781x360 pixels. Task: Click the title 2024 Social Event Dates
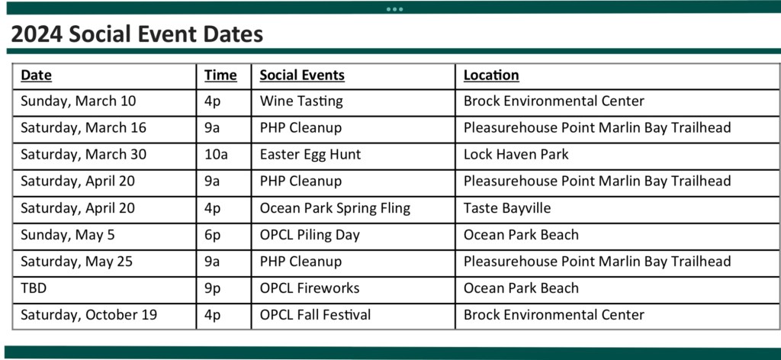(137, 34)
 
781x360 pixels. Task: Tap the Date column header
(37, 76)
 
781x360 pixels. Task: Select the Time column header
(220, 76)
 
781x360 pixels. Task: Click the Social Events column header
(302, 76)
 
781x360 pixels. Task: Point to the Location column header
(491, 76)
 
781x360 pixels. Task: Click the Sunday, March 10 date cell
(79, 101)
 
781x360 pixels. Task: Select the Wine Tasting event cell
(301, 101)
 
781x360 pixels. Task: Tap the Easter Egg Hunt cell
(310, 155)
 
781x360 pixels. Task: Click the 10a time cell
(216, 155)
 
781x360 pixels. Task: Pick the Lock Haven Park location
(516, 155)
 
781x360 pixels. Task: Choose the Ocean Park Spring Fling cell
(336, 208)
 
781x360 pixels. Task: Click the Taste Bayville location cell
(507, 208)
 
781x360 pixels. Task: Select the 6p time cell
(212, 235)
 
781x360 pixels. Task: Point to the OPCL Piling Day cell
(310, 235)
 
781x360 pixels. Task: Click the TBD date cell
(34, 288)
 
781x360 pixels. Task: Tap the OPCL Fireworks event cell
(310, 288)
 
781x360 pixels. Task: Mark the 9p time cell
(212, 289)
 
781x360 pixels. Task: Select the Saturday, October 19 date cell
(88, 315)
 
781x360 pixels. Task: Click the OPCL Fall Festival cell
(315, 315)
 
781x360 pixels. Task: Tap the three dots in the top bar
(394, 9)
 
